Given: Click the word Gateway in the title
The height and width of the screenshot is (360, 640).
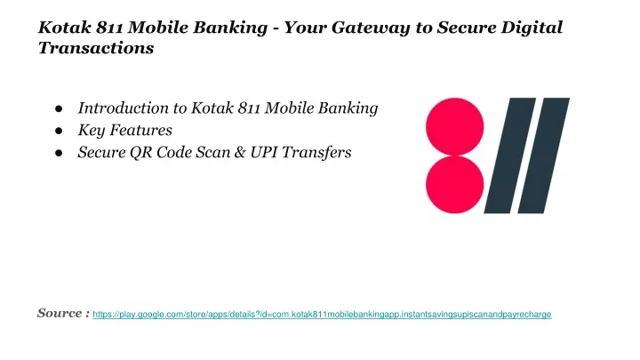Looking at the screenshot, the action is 370,28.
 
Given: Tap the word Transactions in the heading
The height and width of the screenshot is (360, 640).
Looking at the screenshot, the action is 96,48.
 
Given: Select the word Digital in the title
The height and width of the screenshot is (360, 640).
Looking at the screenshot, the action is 532,28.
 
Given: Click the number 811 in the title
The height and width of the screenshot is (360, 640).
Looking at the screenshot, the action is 110,28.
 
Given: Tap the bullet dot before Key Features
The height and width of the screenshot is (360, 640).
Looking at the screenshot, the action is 59,131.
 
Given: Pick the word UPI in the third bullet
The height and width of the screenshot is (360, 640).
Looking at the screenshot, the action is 264,152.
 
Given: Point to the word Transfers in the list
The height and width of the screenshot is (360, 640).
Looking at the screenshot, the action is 316,152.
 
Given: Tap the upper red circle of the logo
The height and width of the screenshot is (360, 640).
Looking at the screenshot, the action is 455,127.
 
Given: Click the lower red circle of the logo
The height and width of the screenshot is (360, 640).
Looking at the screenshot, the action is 455,185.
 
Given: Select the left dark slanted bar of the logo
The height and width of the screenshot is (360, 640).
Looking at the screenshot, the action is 510,156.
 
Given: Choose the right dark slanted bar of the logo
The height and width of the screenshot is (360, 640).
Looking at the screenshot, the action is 544,156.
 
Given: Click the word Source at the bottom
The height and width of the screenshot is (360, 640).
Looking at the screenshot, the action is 60,313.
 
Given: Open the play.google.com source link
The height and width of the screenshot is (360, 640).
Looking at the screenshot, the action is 322,315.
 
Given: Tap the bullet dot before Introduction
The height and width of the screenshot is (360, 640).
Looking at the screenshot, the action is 59,108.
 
